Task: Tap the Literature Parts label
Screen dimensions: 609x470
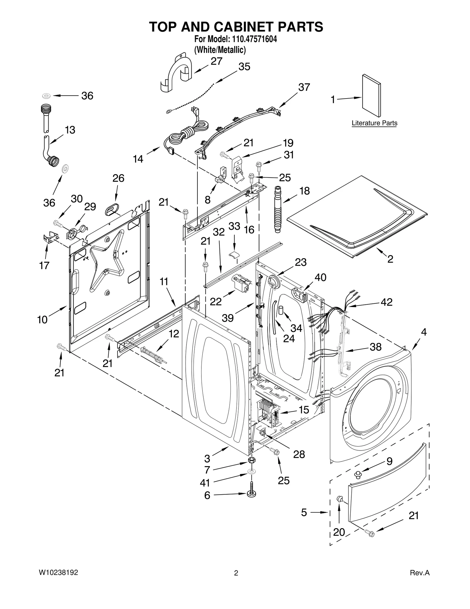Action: [x=374, y=123]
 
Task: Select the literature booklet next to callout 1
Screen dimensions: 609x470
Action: [x=372, y=95]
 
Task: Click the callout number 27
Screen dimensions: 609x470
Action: [x=216, y=61]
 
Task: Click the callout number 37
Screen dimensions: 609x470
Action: [x=304, y=87]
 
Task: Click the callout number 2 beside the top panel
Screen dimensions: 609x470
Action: [x=390, y=259]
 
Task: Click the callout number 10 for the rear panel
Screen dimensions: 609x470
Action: [x=42, y=319]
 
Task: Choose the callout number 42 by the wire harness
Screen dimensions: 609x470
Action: [x=386, y=302]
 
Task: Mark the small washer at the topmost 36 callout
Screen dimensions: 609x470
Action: [x=46, y=96]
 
